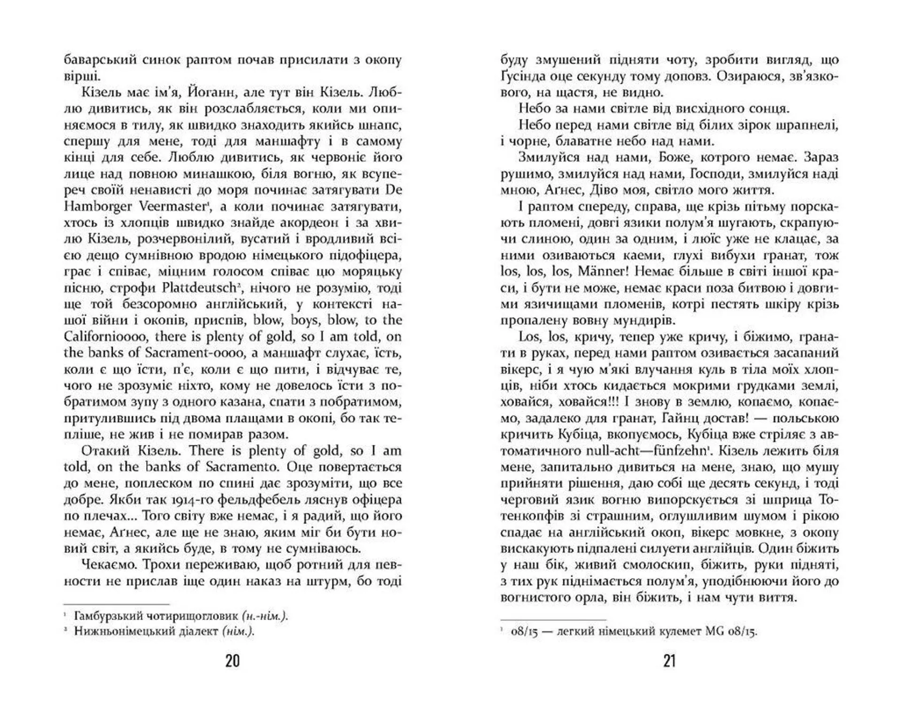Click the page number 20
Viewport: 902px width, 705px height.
[x=233, y=661]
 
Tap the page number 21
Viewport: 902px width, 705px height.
[x=669, y=661]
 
